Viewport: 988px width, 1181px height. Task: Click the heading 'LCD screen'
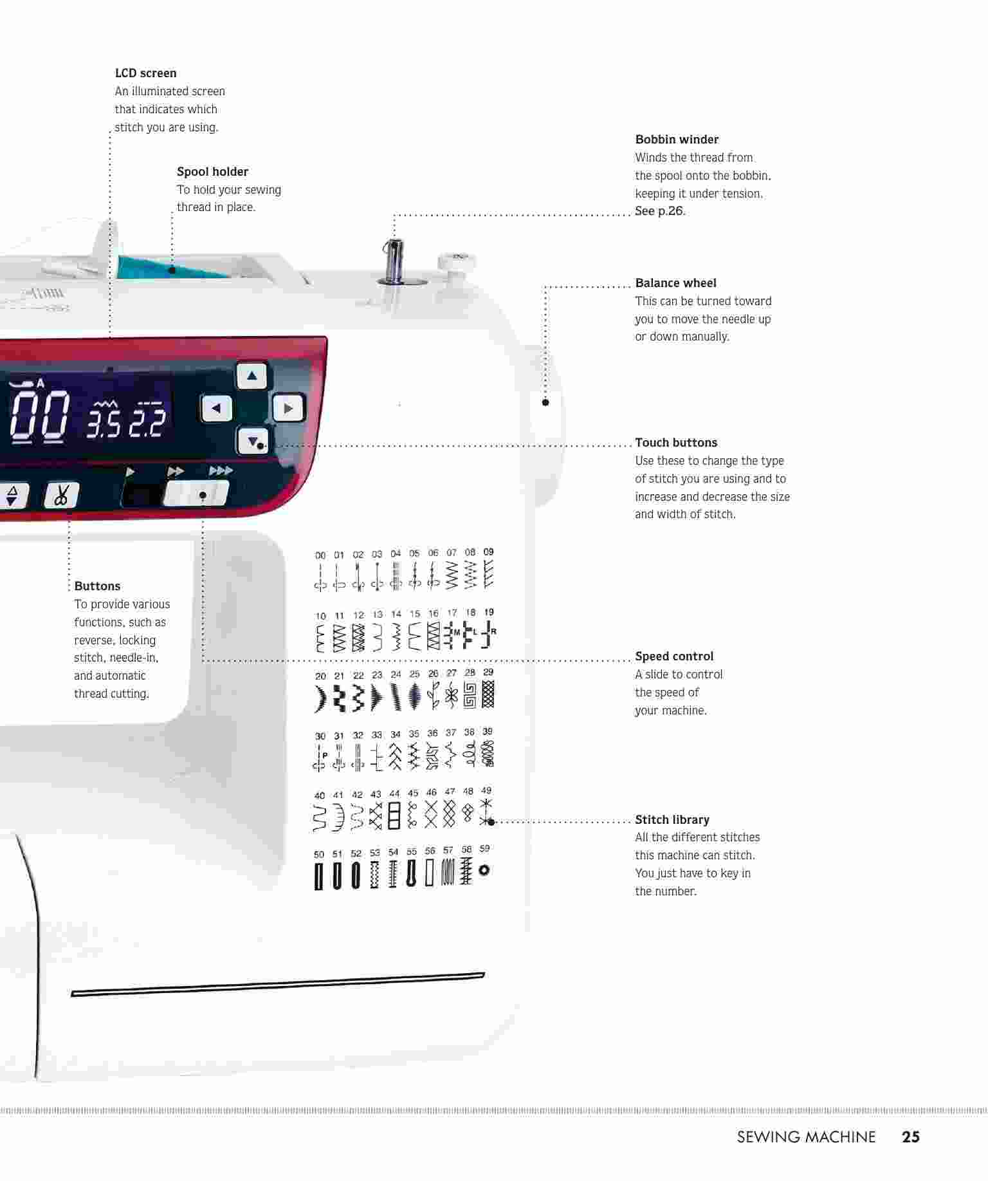[145, 73]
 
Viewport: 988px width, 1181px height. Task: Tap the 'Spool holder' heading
[212, 172]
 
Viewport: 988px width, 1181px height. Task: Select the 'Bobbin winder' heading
[677, 140]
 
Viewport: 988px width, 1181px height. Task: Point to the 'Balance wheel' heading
[675, 283]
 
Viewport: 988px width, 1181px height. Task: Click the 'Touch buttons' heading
[676, 443]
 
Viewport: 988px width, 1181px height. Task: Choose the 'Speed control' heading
[674, 656]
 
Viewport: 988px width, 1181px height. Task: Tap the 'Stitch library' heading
[672, 820]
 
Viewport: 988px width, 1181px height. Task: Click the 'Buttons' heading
[97, 586]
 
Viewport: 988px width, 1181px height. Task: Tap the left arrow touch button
[217, 408]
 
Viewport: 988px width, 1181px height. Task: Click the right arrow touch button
[288, 408]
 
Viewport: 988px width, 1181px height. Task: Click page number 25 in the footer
[911, 1137]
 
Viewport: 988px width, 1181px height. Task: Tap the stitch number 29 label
[488, 672]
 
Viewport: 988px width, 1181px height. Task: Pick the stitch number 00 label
[320, 555]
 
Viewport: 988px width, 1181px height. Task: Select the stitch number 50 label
[319, 855]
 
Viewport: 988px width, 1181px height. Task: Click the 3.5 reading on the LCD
[103, 423]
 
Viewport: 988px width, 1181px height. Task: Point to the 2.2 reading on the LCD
[147, 423]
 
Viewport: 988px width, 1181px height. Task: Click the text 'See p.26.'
[660, 211]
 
